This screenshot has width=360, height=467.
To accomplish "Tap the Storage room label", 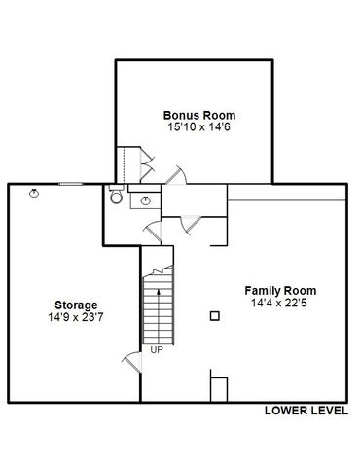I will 75,305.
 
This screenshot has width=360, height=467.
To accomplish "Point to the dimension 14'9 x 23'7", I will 75,317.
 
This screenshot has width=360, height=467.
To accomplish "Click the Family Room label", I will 279,291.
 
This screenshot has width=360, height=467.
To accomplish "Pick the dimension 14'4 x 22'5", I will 279,304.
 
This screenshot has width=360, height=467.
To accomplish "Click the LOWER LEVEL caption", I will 306,412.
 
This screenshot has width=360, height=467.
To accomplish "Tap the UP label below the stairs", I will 156,349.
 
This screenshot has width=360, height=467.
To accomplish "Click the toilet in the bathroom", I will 116,197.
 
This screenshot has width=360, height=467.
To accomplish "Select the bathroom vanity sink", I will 147,200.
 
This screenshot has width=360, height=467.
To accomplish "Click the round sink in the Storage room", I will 35,193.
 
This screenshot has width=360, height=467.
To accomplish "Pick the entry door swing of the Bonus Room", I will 176,176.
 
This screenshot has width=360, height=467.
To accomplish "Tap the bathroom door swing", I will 152,231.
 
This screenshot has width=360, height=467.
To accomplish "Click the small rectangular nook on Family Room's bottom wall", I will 220,388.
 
